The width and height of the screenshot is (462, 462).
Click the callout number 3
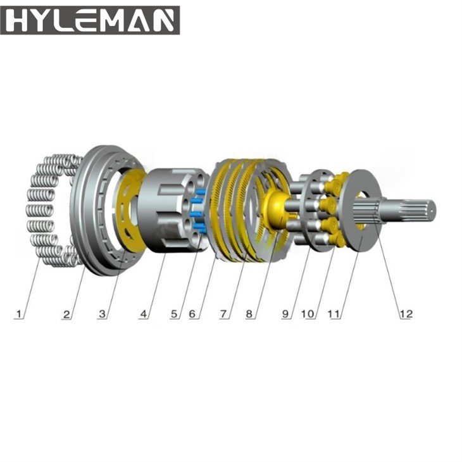tap(104, 313)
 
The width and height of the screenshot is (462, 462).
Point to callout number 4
tap(145, 313)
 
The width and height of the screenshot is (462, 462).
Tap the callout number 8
tap(252, 313)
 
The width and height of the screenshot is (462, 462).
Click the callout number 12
tap(404, 313)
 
